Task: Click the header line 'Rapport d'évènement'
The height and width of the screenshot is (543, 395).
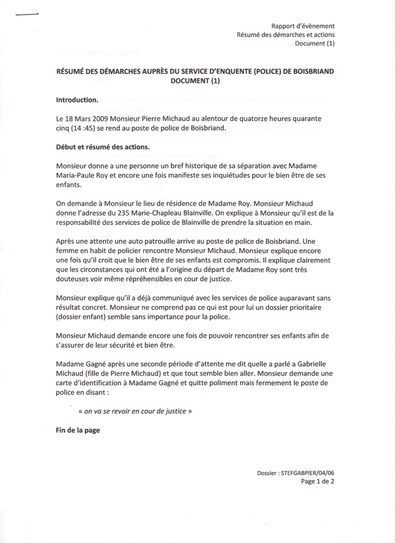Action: pos(303,26)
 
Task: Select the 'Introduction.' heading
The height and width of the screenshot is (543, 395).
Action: pos(77,100)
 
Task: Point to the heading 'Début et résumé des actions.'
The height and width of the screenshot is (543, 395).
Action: pos(102,147)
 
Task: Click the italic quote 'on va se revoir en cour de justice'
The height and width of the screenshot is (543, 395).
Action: pos(135,410)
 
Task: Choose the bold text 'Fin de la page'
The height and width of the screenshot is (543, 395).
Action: pos(78,430)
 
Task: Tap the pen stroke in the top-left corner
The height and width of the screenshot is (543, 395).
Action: pos(28,14)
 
